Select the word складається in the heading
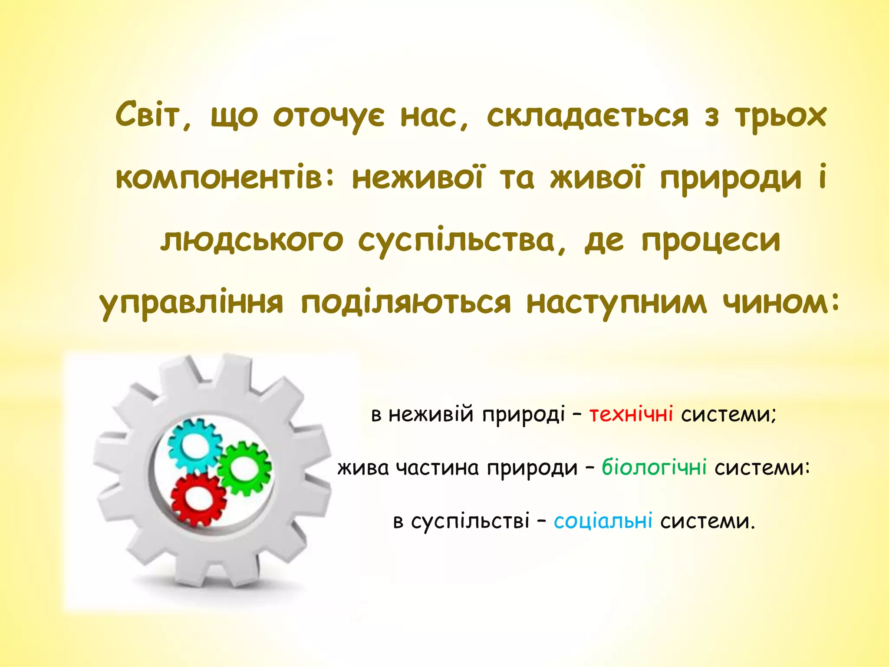click(588, 116)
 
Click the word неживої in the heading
click(417, 178)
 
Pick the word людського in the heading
click(252, 241)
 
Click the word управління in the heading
click(191, 303)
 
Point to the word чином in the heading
click(780, 302)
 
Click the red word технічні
click(631, 414)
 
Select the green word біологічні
click(654, 468)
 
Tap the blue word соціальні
click(603, 521)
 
